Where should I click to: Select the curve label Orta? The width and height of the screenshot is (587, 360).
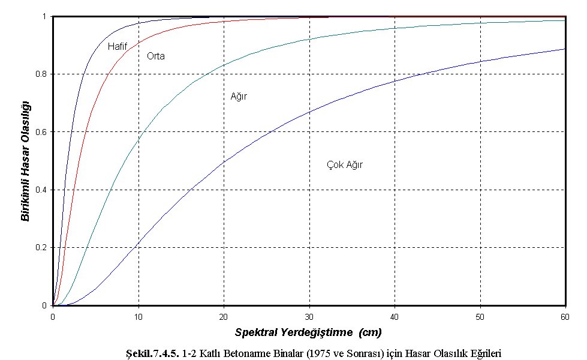pyautogui.click(x=156, y=56)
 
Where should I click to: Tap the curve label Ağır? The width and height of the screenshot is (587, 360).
pyautogui.click(x=239, y=96)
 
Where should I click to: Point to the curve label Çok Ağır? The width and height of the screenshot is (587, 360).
pyautogui.click(x=345, y=164)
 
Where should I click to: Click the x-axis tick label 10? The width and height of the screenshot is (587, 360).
pyautogui.click(x=139, y=316)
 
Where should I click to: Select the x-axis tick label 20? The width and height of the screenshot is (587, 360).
pyautogui.click(x=224, y=316)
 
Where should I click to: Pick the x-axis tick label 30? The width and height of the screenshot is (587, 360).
pyautogui.click(x=309, y=316)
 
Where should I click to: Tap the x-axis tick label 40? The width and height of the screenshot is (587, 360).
pyautogui.click(x=395, y=316)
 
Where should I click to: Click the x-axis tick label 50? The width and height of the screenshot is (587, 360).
pyautogui.click(x=480, y=316)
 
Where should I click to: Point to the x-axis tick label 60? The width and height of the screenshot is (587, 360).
pyautogui.click(x=565, y=316)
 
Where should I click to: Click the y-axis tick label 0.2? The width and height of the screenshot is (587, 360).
pyautogui.click(x=42, y=248)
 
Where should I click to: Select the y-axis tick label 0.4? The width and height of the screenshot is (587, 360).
pyautogui.click(x=42, y=190)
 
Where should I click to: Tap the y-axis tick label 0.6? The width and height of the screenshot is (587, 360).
pyautogui.click(x=42, y=132)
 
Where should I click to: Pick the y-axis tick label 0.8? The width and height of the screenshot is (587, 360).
pyautogui.click(x=42, y=74)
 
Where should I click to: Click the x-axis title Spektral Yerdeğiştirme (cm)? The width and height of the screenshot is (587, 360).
pyautogui.click(x=308, y=332)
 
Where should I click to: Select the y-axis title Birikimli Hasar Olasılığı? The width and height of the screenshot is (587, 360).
pyautogui.click(x=26, y=160)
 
